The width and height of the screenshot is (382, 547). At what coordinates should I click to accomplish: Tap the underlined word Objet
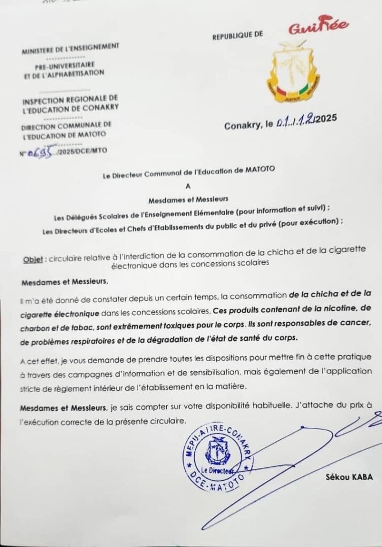[x=33, y=259]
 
